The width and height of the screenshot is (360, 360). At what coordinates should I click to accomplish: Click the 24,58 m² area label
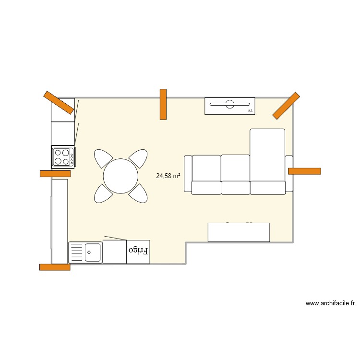(168, 176)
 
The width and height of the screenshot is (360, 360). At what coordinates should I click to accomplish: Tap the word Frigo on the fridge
(138, 251)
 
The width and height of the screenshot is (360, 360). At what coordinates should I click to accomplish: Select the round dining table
(121, 176)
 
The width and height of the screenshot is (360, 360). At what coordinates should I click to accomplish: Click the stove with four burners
(63, 157)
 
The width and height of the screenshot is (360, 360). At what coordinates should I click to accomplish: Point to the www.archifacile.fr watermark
(330, 303)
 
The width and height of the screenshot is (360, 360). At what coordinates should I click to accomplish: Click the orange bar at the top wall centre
(163, 104)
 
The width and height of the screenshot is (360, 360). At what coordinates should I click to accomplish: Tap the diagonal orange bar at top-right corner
(286, 105)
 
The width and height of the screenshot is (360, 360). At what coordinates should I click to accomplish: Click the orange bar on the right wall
(304, 171)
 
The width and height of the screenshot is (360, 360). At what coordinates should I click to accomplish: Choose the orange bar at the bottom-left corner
(55, 267)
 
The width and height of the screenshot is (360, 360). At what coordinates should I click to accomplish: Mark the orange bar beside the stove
(55, 174)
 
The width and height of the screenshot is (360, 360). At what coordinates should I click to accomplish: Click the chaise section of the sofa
(267, 155)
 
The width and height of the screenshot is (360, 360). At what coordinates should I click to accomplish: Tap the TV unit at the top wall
(229, 106)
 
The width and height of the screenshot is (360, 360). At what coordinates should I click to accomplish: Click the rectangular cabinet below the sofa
(239, 232)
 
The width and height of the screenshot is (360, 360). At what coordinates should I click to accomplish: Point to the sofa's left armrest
(188, 173)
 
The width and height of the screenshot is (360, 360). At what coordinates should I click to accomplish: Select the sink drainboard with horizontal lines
(77, 252)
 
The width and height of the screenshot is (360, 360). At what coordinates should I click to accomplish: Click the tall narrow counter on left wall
(60, 221)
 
